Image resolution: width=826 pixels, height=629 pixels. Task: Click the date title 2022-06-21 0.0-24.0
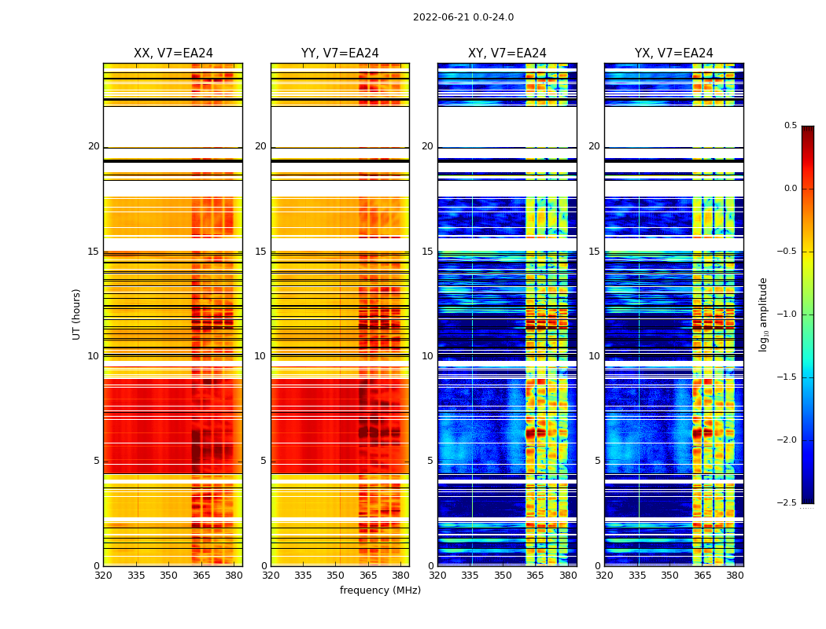click(463, 17)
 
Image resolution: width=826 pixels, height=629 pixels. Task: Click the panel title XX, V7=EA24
click(173, 53)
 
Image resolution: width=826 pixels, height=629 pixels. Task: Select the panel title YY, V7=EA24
click(340, 53)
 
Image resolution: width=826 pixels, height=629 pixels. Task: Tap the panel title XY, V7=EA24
click(507, 53)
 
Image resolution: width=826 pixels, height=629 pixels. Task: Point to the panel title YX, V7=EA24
click(673, 53)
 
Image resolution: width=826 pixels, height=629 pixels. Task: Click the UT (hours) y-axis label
click(76, 314)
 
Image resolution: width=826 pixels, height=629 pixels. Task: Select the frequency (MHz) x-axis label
click(380, 590)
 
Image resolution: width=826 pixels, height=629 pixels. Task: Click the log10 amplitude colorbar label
click(763, 314)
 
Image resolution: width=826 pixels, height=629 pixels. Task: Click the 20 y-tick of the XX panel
click(94, 147)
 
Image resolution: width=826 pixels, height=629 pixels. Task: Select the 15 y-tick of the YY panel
click(260, 252)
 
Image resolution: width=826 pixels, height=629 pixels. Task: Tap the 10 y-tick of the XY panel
click(427, 356)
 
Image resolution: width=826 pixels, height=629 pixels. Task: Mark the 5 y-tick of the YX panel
click(597, 461)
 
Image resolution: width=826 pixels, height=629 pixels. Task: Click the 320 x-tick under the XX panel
click(103, 576)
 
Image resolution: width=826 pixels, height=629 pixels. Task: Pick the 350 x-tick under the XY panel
click(503, 576)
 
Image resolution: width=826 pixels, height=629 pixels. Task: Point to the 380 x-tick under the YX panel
click(735, 576)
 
